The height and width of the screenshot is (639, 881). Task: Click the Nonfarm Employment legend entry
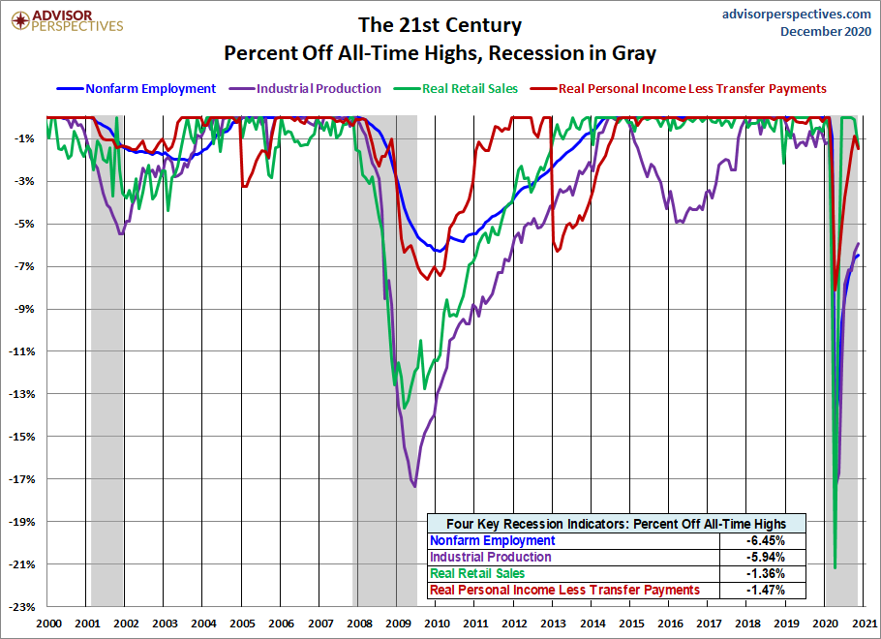pos(136,89)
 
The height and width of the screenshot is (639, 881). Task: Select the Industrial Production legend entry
pos(305,89)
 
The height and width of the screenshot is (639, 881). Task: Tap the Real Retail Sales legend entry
pos(455,89)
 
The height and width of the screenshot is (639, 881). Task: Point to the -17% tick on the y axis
pos(21,479)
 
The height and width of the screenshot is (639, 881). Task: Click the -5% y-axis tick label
pos(24,224)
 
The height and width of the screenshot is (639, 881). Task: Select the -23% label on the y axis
pos(21,607)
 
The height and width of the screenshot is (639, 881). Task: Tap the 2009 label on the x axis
pos(398,624)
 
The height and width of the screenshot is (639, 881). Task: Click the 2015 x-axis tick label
pos(631,624)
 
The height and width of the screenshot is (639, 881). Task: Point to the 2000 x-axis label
pos(48,624)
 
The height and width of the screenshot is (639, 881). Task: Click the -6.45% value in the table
pos(765,540)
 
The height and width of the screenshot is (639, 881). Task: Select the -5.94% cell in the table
pos(765,557)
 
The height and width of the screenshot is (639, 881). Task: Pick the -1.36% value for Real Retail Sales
pos(765,573)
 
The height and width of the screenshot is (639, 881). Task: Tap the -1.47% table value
pos(765,590)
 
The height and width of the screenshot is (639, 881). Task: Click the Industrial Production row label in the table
pos(491,557)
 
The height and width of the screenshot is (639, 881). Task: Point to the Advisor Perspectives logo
pos(67,20)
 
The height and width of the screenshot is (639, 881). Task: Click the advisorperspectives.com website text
pos(797,14)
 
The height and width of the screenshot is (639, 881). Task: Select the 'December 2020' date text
pos(826,32)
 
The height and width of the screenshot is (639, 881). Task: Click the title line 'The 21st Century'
pos(440,25)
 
